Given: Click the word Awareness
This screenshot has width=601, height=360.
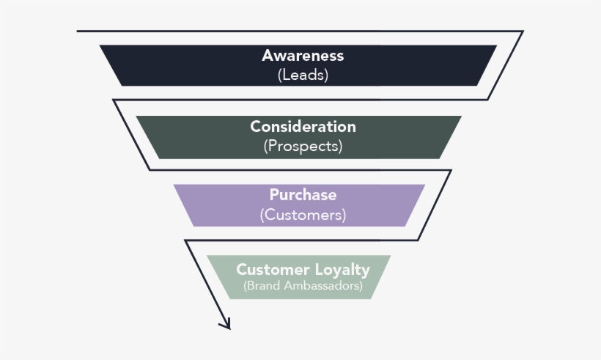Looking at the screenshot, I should (x=303, y=56).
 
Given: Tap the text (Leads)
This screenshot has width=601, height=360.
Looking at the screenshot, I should (x=303, y=74).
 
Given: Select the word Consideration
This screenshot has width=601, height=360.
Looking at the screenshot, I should (x=303, y=126).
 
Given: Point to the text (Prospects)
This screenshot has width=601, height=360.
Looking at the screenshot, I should (x=303, y=146).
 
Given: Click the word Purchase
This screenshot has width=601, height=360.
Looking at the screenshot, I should (x=303, y=195).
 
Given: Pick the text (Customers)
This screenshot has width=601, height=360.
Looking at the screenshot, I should (x=303, y=215).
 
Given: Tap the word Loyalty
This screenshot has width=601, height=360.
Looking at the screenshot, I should (x=344, y=270).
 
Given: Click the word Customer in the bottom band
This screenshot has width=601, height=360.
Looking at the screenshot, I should (x=273, y=269).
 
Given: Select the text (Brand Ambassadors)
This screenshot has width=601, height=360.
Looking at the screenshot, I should (x=303, y=286).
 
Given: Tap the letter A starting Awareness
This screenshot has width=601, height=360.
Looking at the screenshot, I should (x=268, y=56).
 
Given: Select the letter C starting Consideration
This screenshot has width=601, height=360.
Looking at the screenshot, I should (x=255, y=126).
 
